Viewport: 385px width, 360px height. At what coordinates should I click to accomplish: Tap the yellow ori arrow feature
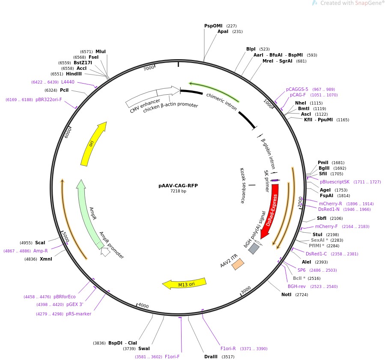[x=93, y=144]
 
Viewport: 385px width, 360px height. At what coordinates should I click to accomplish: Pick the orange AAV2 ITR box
[x=238, y=264]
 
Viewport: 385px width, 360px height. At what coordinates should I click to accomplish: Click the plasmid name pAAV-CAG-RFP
[x=178, y=186]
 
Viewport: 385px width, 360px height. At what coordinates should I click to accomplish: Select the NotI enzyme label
[x=286, y=294]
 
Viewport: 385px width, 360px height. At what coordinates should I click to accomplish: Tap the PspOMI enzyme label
[x=214, y=26]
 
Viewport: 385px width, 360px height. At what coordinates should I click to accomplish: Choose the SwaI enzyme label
[x=144, y=348]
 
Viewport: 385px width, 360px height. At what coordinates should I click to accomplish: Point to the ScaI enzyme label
[x=40, y=243]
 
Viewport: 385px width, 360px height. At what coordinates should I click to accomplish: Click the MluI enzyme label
[x=101, y=51]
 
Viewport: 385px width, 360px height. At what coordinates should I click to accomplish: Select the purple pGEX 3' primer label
[x=75, y=304]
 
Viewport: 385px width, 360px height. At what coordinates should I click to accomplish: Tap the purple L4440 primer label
[x=68, y=82]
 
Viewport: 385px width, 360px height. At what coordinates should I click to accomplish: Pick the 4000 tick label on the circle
[x=143, y=306]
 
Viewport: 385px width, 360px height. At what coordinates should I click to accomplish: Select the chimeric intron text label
[x=221, y=102]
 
